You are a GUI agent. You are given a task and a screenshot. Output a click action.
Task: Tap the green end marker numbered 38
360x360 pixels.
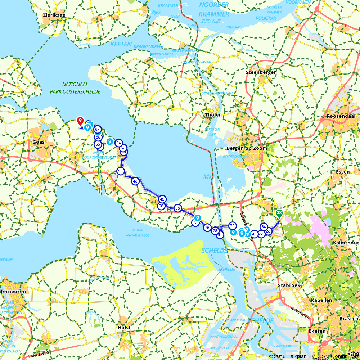279,213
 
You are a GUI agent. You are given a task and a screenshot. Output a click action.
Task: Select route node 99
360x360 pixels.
121,171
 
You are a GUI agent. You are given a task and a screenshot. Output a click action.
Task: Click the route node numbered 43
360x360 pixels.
135,181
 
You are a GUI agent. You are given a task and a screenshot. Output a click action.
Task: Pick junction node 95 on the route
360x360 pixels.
177,208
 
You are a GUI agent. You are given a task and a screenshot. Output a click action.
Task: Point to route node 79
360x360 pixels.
232,225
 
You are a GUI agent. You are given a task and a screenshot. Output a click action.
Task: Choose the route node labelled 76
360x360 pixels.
207,228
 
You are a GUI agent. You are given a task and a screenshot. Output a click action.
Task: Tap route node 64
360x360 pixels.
118,143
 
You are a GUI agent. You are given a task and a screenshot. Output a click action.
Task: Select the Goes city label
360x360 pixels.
39,142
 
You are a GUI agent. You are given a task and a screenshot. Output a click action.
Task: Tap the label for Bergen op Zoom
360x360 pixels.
247,148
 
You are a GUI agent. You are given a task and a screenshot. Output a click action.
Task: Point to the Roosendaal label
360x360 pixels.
341,117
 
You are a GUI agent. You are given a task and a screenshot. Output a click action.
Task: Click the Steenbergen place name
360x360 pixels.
261,72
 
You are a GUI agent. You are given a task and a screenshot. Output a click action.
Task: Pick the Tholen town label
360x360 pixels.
213,115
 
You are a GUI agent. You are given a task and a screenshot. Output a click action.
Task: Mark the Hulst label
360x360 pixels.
124,328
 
